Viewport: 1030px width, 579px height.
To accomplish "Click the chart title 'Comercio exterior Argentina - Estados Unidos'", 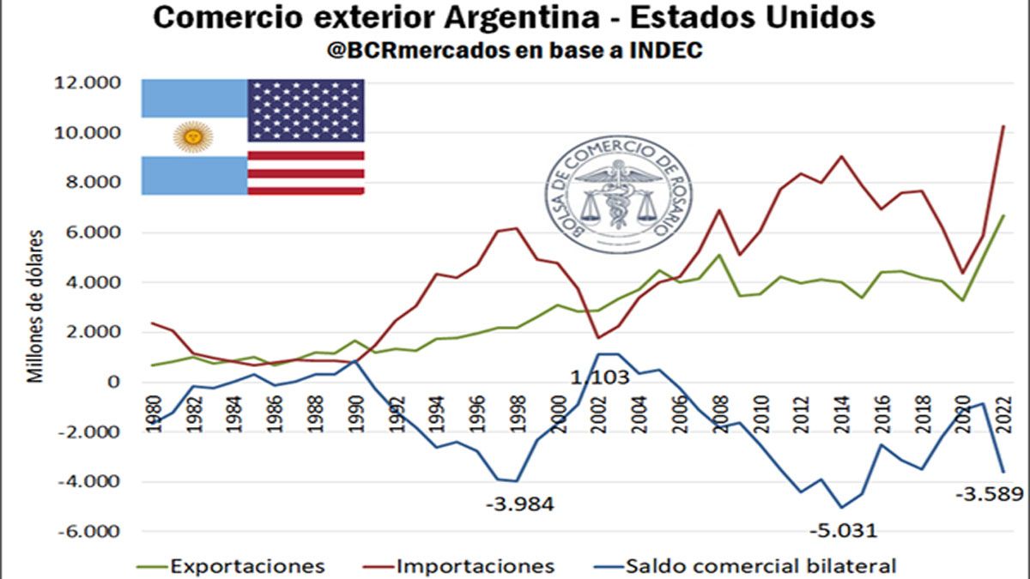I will coord(514,17).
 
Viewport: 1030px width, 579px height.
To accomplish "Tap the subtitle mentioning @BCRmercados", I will coord(514,51).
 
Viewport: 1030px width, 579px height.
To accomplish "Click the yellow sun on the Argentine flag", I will coord(193,136).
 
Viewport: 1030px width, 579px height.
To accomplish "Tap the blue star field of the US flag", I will coord(306,111).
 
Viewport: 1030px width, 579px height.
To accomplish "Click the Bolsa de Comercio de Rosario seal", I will coord(619,194).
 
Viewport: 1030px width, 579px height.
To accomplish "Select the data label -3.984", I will coord(519,504).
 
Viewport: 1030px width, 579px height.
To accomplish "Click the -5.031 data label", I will coord(843,530).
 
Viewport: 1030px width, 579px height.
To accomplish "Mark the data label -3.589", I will coord(990,494).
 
